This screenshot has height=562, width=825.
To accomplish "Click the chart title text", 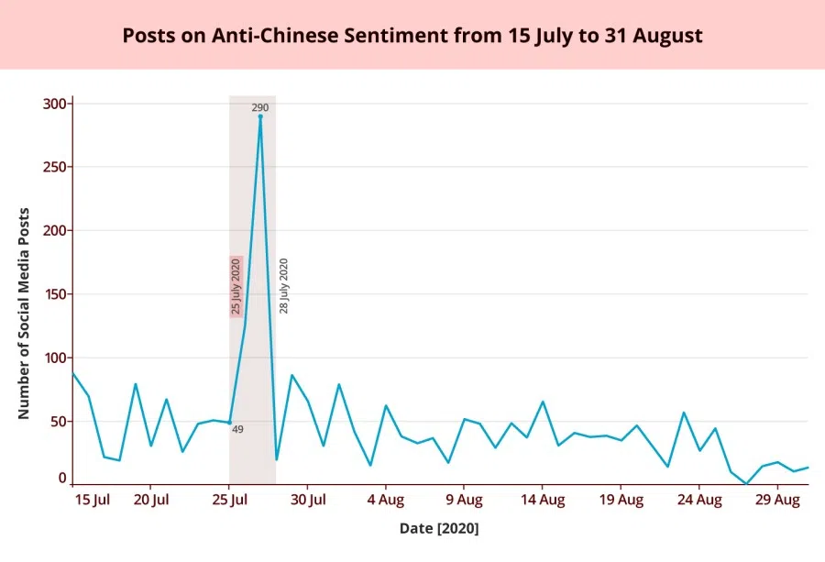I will pyautogui.click(x=412, y=36).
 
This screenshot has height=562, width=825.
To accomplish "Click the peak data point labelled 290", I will pyautogui.click(x=260, y=116).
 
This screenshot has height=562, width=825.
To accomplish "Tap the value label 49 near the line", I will pyautogui.click(x=237, y=429).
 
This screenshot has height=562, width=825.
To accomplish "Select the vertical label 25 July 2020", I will pyautogui.click(x=236, y=286).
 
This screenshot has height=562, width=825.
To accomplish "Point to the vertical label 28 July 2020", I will pyautogui.click(x=283, y=286).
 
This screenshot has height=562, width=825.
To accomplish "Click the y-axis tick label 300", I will pyautogui.click(x=55, y=104).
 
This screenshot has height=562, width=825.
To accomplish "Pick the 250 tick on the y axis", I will pyautogui.click(x=55, y=167).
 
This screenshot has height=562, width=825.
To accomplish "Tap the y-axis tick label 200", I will pyautogui.click(x=55, y=231).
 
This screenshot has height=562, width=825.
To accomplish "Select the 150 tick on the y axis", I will pyautogui.click(x=55, y=294).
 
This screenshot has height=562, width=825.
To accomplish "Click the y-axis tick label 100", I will pyautogui.click(x=55, y=358).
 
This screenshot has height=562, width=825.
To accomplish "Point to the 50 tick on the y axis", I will pyautogui.click(x=59, y=422).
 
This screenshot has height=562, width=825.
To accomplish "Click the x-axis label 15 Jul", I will pyautogui.click(x=91, y=500).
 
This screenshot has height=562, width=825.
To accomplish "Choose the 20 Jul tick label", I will pyautogui.click(x=150, y=500).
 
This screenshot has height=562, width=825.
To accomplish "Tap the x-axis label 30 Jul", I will pyautogui.click(x=308, y=500).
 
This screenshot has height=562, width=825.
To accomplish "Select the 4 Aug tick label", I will pyautogui.click(x=385, y=500).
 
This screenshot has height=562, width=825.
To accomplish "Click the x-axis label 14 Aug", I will pyautogui.click(x=543, y=500).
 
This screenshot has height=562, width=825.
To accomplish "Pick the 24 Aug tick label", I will pyautogui.click(x=699, y=500).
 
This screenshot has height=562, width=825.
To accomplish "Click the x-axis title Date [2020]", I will pyautogui.click(x=439, y=529).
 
